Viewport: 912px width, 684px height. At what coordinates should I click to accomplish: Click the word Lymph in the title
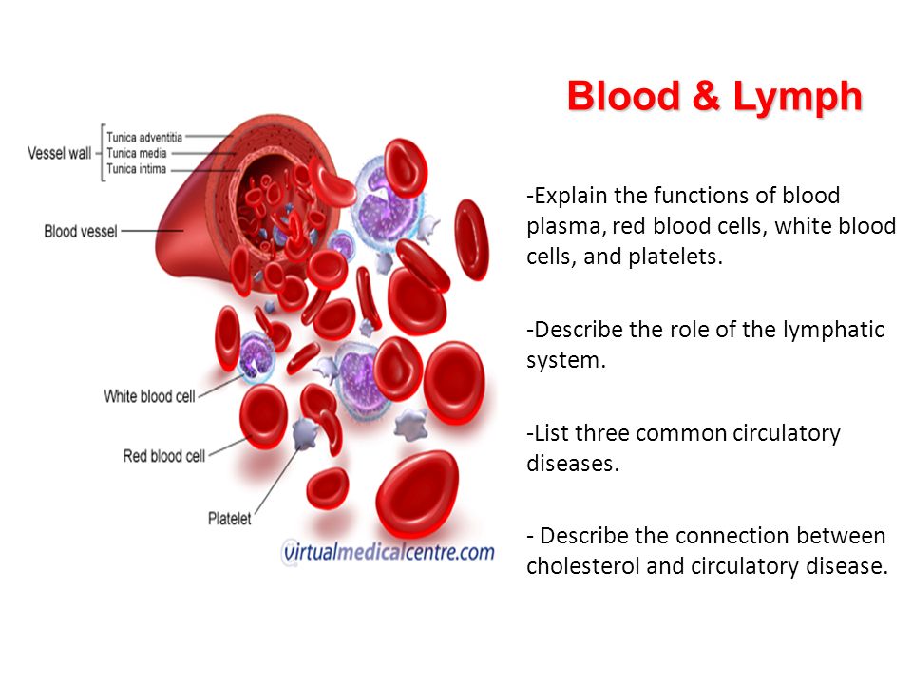(797, 97)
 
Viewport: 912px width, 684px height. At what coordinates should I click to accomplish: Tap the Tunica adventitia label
(144, 137)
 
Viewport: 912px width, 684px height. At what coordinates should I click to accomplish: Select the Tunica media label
(137, 153)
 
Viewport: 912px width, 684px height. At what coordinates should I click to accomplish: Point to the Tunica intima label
(137, 169)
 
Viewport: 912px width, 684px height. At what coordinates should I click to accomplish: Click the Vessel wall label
(59, 154)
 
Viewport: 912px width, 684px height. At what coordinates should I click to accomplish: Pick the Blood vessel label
(81, 232)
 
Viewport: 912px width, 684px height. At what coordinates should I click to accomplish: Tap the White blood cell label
(149, 397)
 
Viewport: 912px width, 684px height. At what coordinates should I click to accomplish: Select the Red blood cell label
(164, 456)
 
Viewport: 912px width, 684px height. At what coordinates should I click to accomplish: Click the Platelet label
(230, 519)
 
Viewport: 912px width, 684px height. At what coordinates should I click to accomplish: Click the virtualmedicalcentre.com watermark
(388, 552)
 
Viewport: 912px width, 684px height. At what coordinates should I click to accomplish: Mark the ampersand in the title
(706, 96)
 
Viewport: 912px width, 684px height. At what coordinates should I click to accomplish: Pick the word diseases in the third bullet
(573, 464)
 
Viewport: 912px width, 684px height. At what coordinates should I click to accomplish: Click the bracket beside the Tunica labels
(103, 153)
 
